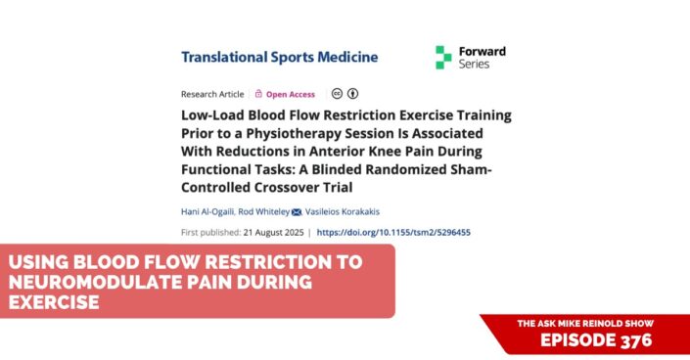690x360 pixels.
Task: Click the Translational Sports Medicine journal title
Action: [x=279, y=56]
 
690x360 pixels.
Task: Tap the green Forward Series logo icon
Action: [x=443, y=57]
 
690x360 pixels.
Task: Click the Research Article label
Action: [x=210, y=94]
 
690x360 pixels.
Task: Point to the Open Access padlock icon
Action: [x=258, y=94]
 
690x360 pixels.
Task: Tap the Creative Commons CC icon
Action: [x=336, y=94]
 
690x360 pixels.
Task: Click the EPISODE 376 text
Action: [x=594, y=339]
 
